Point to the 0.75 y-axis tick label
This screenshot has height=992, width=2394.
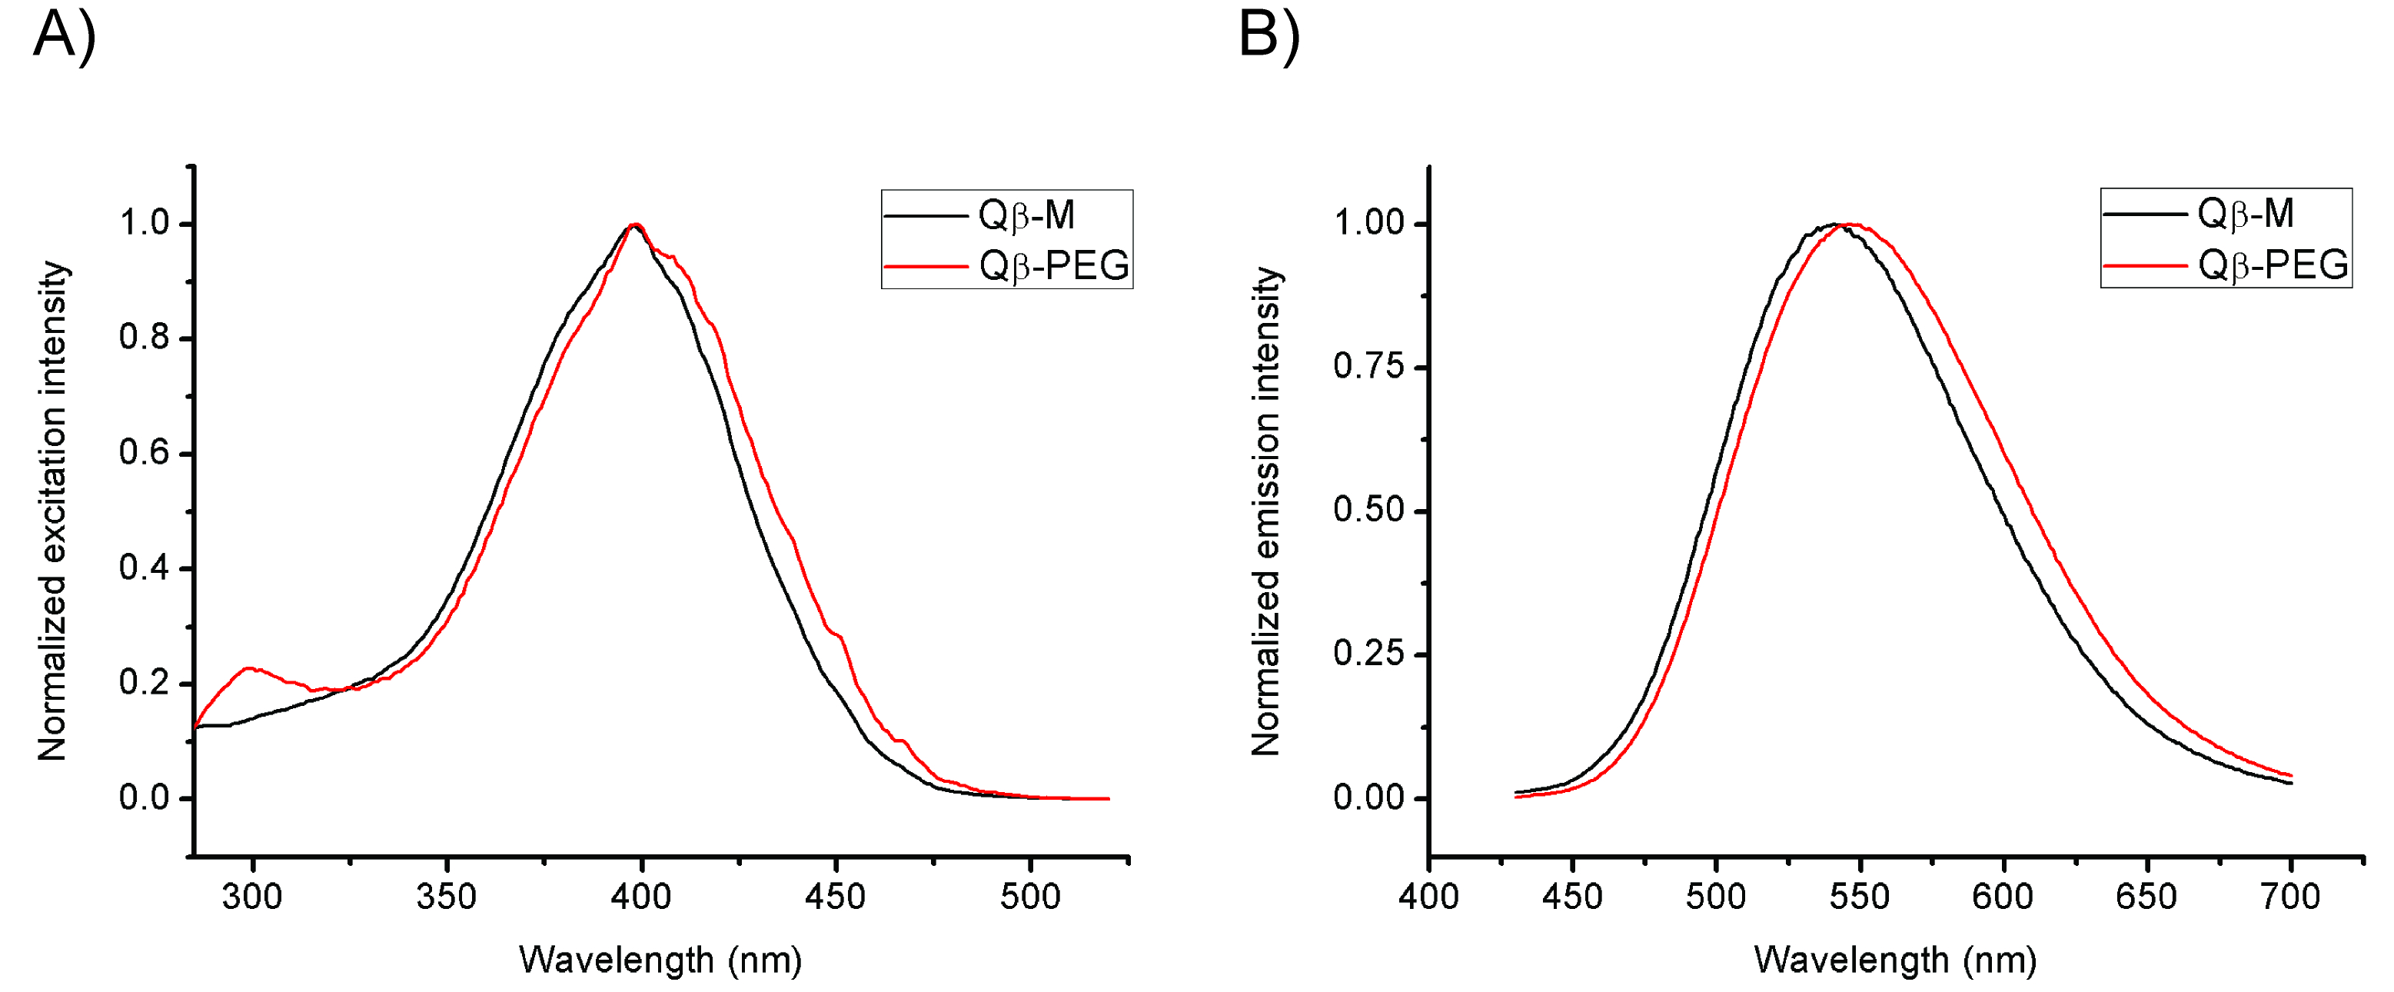coord(1368,366)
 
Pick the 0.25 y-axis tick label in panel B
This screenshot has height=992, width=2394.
coord(1368,654)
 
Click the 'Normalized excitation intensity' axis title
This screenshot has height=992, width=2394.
coord(53,511)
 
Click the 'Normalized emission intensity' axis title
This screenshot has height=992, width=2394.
coord(1265,511)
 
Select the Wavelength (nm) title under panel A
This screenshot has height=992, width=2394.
coord(660,960)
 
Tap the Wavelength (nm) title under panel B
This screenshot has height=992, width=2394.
coord(1895,960)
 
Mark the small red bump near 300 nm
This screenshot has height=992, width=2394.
coord(249,668)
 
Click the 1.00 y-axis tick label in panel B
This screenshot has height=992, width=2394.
coord(1368,223)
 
